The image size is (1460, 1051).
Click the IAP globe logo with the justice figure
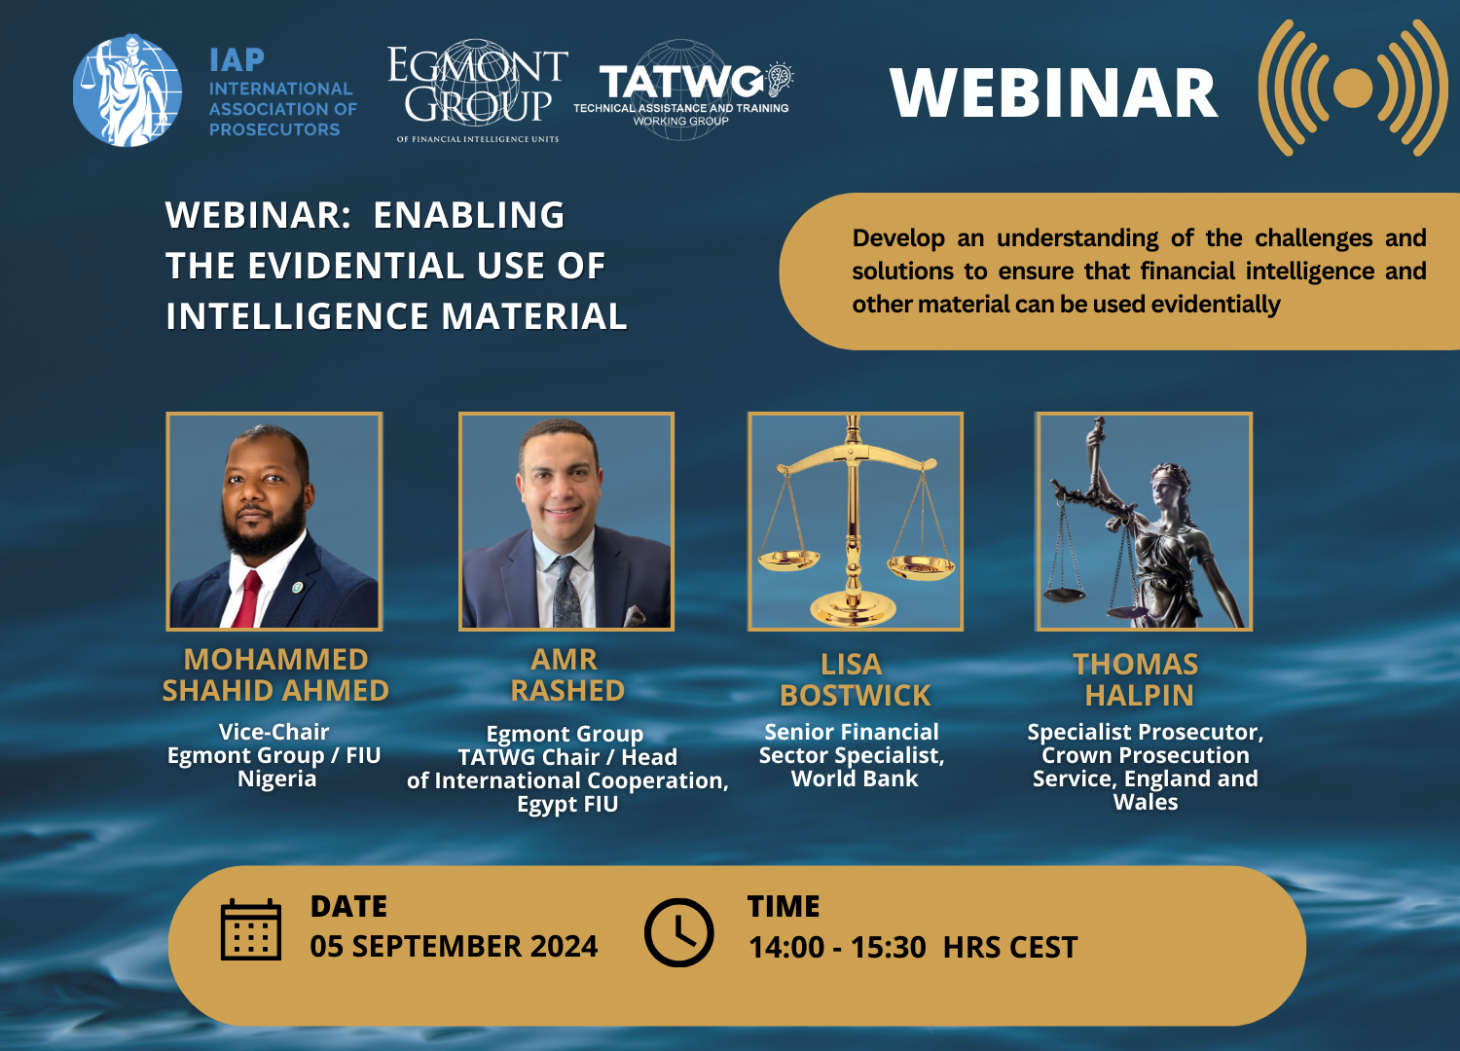(128, 91)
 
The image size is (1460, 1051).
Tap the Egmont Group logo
(477, 90)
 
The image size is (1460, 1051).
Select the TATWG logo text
(681, 83)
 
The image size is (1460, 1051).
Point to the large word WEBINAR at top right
(1053, 93)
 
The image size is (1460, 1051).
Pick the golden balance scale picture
(855, 521)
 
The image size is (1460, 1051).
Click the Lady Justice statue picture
(1144, 521)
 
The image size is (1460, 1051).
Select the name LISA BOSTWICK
(854, 680)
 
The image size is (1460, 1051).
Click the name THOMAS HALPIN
(1137, 680)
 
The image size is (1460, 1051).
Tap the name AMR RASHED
(566, 675)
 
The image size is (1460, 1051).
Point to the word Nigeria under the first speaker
(276, 779)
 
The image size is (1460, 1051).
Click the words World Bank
(855, 779)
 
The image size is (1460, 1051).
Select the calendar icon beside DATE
(251, 930)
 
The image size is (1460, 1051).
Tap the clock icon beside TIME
(679, 932)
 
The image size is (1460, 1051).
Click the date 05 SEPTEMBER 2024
(454, 946)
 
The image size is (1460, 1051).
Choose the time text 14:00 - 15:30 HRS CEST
(912, 947)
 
